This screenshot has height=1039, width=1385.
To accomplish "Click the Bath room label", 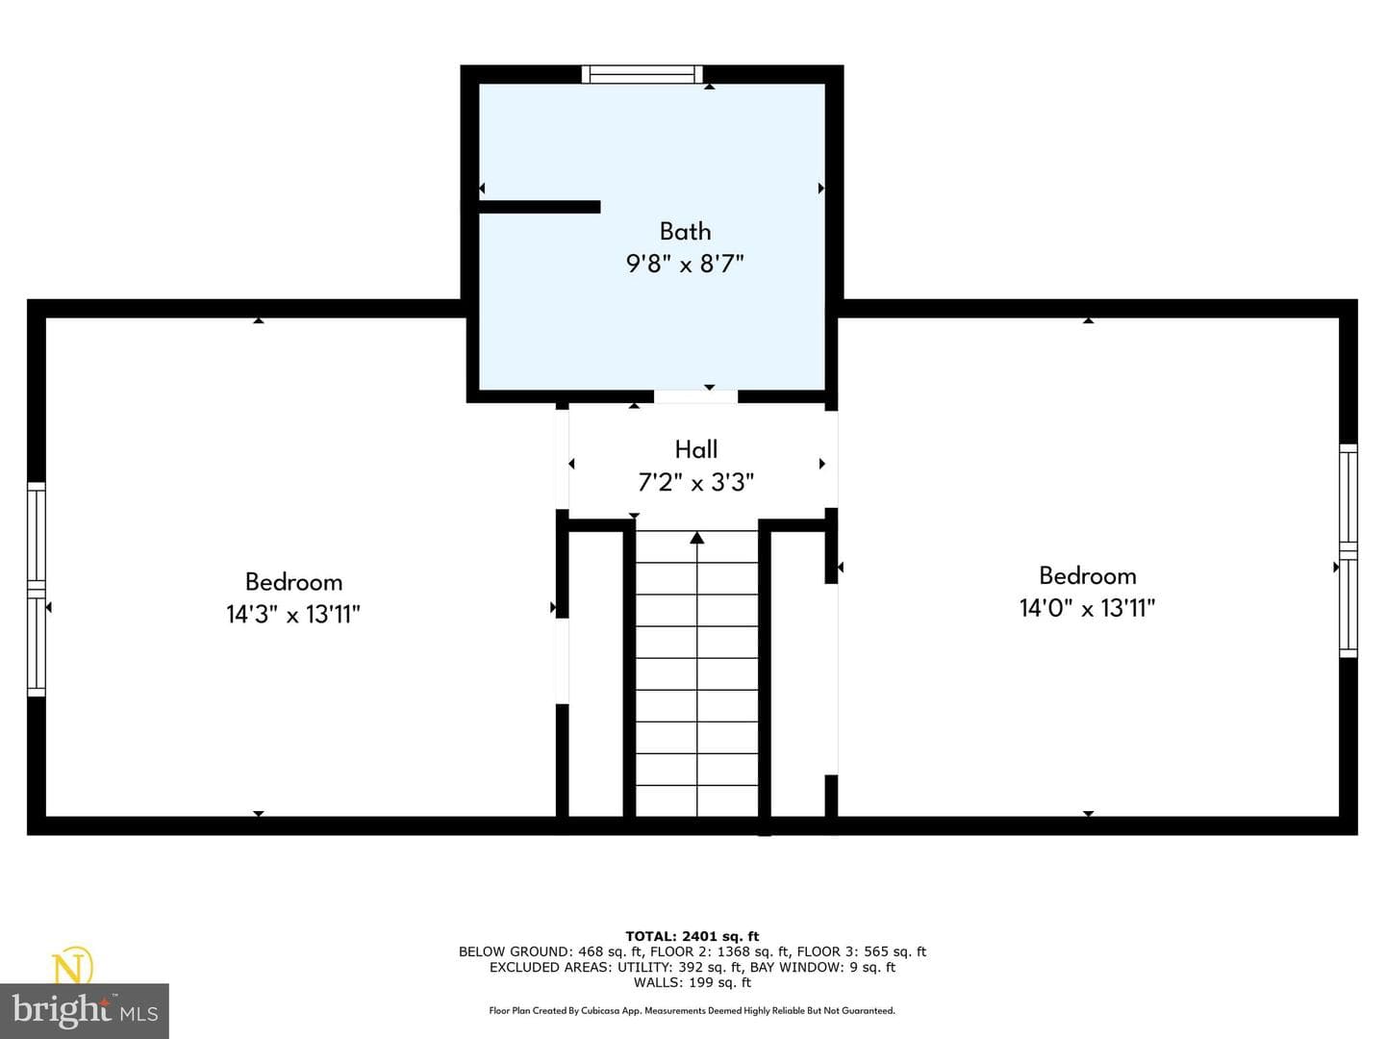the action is [x=685, y=232].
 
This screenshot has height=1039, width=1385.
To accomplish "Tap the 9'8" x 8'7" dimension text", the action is [x=685, y=264].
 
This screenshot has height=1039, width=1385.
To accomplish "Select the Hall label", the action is [x=696, y=450].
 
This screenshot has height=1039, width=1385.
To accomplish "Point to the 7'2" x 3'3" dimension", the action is [x=696, y=483].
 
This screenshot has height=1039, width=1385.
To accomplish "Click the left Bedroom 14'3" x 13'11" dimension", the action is [x=293, y=615].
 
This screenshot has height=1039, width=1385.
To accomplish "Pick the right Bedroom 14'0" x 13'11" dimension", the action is [x=1087, y=608].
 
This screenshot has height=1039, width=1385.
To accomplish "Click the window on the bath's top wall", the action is [x=642, y=74].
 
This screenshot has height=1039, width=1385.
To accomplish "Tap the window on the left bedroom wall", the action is [x=37, y=589].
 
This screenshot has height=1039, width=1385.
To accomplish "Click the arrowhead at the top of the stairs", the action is [x=696, y=538].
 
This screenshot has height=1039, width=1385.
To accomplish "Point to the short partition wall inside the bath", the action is [x=540, y=207].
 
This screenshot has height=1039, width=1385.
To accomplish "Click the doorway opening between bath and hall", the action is [x=695, y=396].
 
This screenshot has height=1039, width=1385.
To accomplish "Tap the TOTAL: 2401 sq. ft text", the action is [x=692, y=936].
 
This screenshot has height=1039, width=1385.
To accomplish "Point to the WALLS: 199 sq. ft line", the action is [x=692, y=982].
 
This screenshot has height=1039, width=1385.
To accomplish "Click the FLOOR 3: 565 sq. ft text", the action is [x=861, y=951].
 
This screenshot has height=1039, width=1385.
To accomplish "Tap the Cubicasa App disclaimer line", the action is [x=692, y=1010].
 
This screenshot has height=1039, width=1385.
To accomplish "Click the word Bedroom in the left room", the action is [x=293, y=582].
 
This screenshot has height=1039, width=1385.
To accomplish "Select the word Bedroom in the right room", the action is [x=1087, y=575].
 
